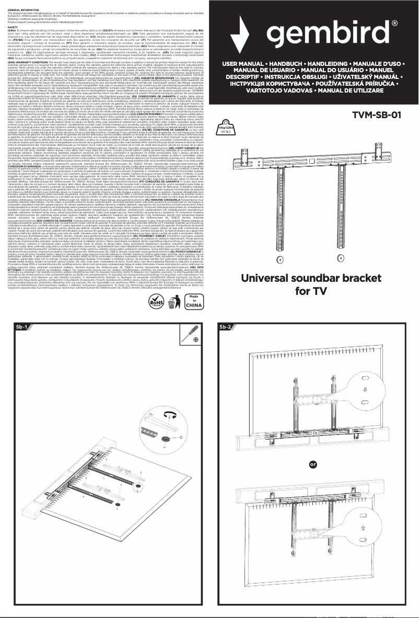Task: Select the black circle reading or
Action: [313, 464]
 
